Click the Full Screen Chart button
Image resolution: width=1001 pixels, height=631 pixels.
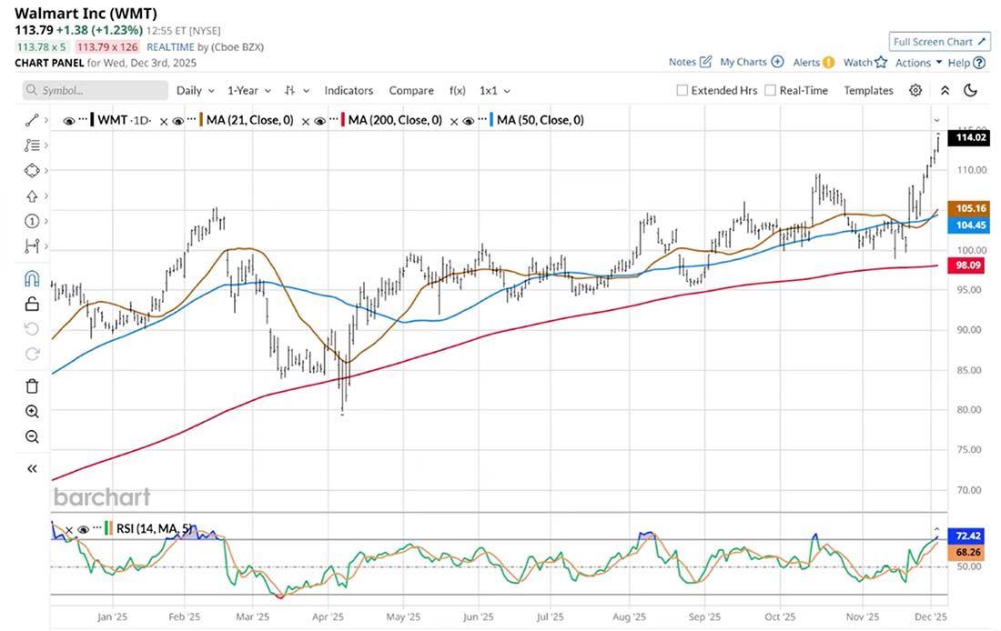939,42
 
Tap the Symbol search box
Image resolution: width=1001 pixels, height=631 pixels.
96,90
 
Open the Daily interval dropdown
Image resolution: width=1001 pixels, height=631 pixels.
195,90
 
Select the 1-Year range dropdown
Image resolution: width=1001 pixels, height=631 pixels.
248,90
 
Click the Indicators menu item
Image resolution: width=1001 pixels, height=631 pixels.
349,90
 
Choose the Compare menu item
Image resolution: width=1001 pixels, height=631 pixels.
411,90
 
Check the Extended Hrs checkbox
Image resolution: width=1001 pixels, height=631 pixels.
682,90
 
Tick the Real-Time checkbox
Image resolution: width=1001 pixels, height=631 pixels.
771,90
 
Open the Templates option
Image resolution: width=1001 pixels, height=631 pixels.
868,90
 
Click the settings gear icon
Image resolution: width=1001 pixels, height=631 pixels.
915,90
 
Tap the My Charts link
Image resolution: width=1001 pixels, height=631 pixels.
751,62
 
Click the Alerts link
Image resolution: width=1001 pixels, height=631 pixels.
814,62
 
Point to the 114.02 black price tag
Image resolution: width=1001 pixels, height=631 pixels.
967,137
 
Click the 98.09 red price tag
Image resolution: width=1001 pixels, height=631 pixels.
967,265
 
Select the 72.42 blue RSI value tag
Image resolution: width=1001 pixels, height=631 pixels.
967,536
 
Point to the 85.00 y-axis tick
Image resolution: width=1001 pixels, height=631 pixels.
967,370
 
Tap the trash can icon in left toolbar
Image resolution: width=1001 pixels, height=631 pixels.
32,386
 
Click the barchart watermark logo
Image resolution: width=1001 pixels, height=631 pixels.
102,496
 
